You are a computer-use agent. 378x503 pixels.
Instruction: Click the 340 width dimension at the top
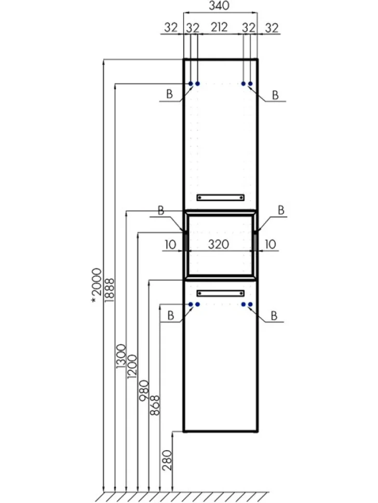[219, 6]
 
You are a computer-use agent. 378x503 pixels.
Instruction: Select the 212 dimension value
[219, 27]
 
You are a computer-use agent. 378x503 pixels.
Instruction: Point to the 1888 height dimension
[109, 290]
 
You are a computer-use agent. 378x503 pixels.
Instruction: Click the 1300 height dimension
[121, 356]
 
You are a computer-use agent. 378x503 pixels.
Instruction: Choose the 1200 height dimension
[132, 366]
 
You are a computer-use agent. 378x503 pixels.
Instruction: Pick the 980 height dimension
[144, 390]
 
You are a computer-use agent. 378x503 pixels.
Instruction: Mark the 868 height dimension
[155, 406]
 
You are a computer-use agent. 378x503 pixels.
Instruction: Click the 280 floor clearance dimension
[167, 460]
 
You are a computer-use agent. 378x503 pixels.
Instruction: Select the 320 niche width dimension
[219, 244]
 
